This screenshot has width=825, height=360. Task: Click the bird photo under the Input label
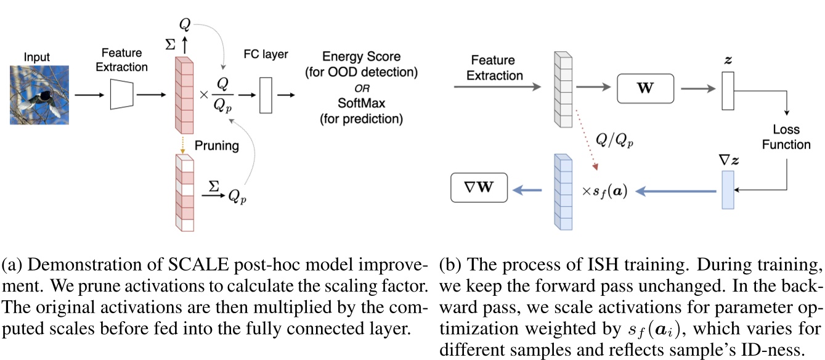pyautogui.click(x=38, y=95)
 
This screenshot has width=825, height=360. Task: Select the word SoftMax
pyautogui.click(x=361, y=102)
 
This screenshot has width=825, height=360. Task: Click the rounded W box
pyautogui.click(x=644, y=88)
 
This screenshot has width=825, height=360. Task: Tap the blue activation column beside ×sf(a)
pyautogui.click(x=563, y=192)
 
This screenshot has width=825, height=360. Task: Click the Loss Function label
pyautogui.click(x=786, y=137)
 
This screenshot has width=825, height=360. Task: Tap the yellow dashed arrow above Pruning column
pyautogui.click(x=184, y=144)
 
